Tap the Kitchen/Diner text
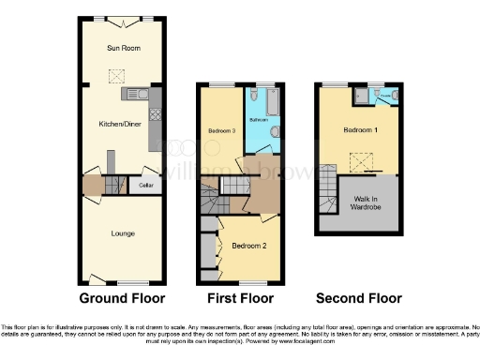[x=120, y=123]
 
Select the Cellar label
[x=146, y=186]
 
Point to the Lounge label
[x=121, y=232]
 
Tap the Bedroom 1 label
[x=360, y=129]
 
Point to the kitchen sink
[x=131, y=94]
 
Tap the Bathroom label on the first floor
[x=260, y=120]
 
